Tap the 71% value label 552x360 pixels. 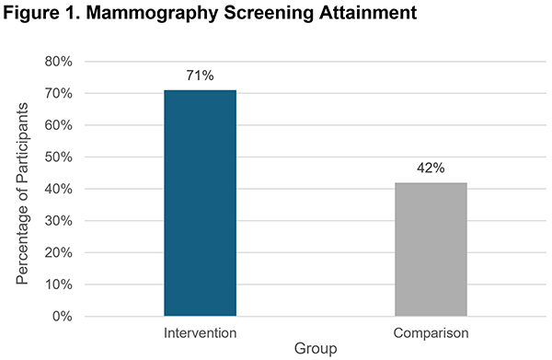[x=200, y=75]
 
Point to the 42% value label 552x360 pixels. [x=431, y=168]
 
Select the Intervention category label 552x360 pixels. [x=200, y=331]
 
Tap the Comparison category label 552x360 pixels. [x=431, y=331]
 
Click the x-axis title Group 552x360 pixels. [x=316, y=349]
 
